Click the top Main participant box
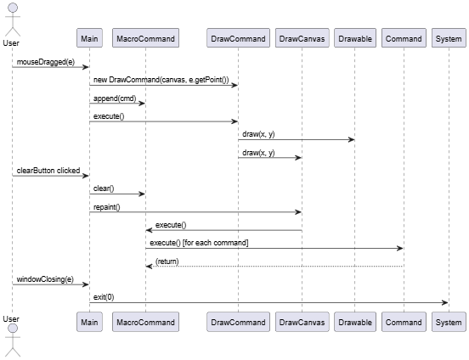coord(89,38)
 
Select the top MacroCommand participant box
coord(145,38)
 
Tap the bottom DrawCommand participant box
coord(238,322)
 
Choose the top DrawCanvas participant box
coord(302,38)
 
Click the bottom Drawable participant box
coord(355,322)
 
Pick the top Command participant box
coord(404,38)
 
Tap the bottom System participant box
coord(449,322)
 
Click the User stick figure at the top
coord(12,20)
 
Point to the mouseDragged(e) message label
coord(46,62)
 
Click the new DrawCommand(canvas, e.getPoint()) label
coord(161,80)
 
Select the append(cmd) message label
coord(115,98)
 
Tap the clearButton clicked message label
coord(48,171)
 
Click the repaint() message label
coord(107,207)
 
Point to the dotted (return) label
coord(167,262)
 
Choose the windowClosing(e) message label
coord(45,279)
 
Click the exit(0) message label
coord(104,297)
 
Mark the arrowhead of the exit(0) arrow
coord(445,302)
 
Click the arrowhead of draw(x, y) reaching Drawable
coord(352,139)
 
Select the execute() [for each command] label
coord(199,243)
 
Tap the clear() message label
coord(104,188)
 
